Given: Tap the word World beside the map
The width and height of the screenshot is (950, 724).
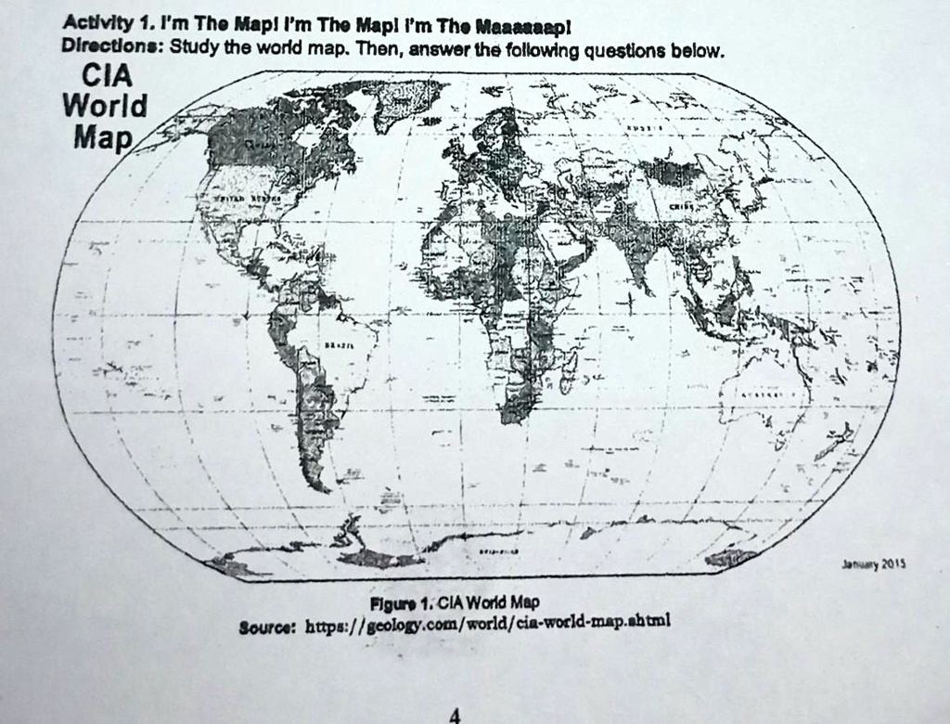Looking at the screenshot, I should click(x=104, y=106).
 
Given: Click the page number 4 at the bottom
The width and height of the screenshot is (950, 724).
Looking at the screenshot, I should click(x=454, y=715).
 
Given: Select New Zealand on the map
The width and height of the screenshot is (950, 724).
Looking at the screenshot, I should click(x=840, y=435).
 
